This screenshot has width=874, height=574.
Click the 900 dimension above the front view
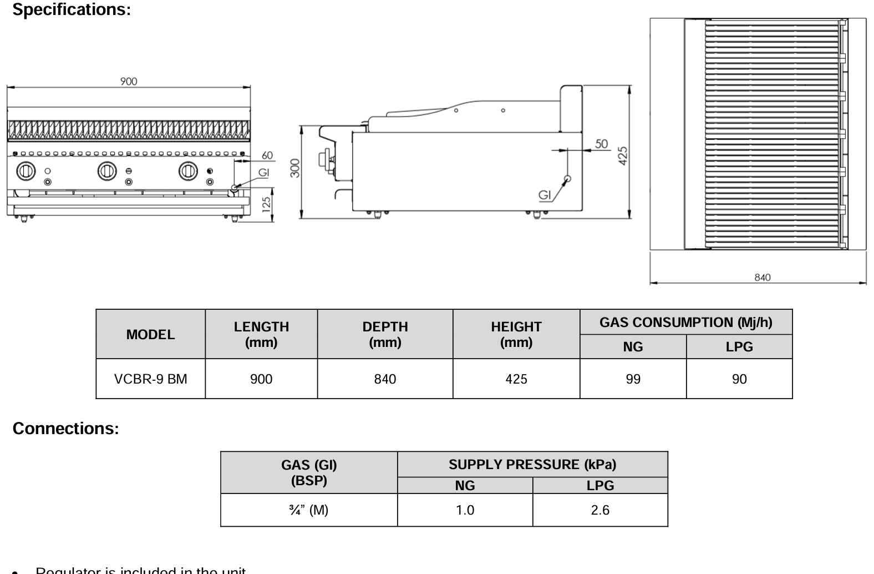pos(129,82)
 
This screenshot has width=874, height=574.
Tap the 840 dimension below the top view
pos(763,277)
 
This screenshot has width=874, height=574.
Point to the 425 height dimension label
pos(623,155)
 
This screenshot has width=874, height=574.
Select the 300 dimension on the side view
pos(295,168)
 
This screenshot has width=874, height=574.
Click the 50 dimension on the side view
pos(602,144)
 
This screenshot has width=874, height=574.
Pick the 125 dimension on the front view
pos(267,205)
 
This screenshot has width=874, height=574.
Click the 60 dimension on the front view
pos(267,155)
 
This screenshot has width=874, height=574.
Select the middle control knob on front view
pos(107,171)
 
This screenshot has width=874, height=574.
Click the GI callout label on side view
pos(545,195)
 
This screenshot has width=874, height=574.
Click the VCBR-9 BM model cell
pos(150,379)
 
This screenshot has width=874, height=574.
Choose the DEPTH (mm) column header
pos(385,334)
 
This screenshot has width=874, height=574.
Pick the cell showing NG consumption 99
pos(633,379)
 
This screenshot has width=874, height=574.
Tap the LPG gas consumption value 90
pos(739,379)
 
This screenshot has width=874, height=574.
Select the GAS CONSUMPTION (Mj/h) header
pos(685,323)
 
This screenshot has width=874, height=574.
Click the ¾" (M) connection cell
pos(309,510)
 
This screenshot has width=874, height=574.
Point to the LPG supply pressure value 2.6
pos(600,510)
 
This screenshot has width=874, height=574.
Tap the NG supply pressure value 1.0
pos(465,510)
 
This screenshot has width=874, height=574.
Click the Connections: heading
pos(65,429)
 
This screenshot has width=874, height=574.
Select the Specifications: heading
pos(72,9)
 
